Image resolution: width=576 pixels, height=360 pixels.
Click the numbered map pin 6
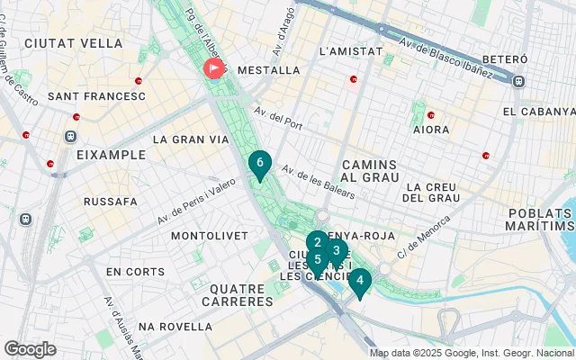tap(259, 164)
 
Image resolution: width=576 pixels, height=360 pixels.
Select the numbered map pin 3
tap(337, 251)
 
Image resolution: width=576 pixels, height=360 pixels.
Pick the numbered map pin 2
tap(317, 242)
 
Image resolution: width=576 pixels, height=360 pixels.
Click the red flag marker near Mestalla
tap(215, 68)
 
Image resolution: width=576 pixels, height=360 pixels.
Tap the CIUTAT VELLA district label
tap(61, 42)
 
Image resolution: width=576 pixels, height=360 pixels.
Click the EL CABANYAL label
tap(538, 112)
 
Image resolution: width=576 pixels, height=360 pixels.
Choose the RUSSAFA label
tap(110, 202)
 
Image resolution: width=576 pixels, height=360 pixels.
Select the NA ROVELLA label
tap(175, 326)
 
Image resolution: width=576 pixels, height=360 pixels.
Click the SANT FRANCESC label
tap(95, 95)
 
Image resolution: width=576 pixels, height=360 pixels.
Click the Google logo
tap(30, 349)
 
